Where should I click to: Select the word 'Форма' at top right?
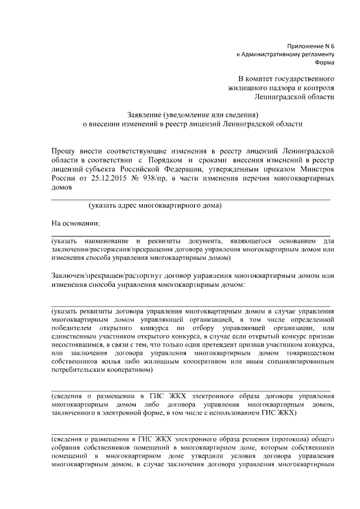tap(324, 63)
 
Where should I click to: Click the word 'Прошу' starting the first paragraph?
tap(64, 151)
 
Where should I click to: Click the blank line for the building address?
tap(191, 199)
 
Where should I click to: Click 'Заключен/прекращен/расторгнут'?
tap(107, 276)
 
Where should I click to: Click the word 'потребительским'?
tap(80, 370)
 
